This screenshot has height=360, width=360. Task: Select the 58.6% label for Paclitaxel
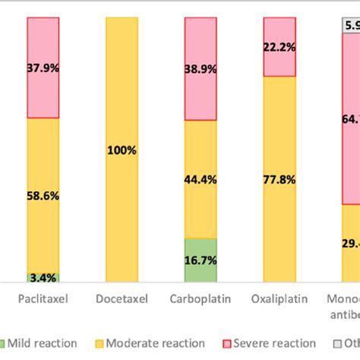click(x=43, y=195)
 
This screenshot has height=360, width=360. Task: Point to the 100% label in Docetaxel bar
click(x=122, y=150)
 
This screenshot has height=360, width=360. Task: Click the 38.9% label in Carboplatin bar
click(x=201, y=68)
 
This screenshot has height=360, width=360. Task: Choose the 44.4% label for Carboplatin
click(x=201, y=179)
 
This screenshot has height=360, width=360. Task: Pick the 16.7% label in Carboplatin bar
click(x=201, y=260)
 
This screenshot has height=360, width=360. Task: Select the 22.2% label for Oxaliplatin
click(x=279, y=46)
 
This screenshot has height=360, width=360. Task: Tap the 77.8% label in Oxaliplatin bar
click(x=279, y=179)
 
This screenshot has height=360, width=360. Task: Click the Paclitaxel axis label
click(x=43, y=299)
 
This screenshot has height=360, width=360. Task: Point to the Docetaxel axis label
click(x=122, y=299)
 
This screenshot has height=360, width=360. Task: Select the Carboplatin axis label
click(x=201, y=299)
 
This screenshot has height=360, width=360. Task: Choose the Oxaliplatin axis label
click(x=279, y=299)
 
